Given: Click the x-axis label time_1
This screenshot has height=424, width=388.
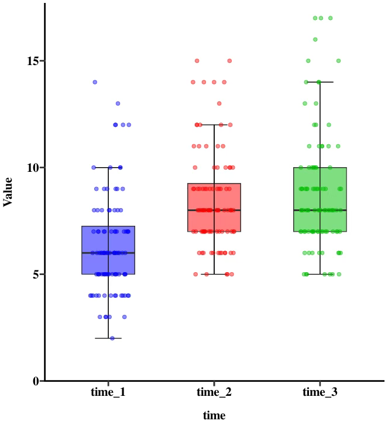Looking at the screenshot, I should pyautogui.click(x=108, y=392).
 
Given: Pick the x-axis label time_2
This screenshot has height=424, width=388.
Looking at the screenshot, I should pyautogui.click(x=214, y=392).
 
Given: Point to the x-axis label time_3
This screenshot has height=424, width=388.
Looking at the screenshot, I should pyautogui.click(x=320, y=392).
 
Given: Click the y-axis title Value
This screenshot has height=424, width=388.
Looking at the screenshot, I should pyautogui.click(x=8, y=192).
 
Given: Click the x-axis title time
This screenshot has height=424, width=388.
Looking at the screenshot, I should pyautogui.click(x=214, y=415).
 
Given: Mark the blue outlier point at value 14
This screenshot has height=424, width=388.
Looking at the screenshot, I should pyautogui.click(x=95, y=82).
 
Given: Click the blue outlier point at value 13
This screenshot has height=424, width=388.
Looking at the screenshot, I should pyautogui.click(x=118, y=103).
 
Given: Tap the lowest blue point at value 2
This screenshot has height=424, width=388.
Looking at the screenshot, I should pyautogui.click(x=112, y=338).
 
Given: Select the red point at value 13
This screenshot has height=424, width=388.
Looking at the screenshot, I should pyautogui.click(x=219, y=103).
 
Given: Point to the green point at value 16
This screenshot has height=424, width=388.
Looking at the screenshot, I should pyautogui.click(x=315, y=39).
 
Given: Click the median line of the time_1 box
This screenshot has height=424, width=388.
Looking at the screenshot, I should pyautogui.click(x=108, y=253).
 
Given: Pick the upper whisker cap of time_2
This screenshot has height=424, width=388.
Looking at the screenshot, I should pyautogui.click(x=214, y=124).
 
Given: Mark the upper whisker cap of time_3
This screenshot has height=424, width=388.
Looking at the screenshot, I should pyautogui.click(x=320, y=82).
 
